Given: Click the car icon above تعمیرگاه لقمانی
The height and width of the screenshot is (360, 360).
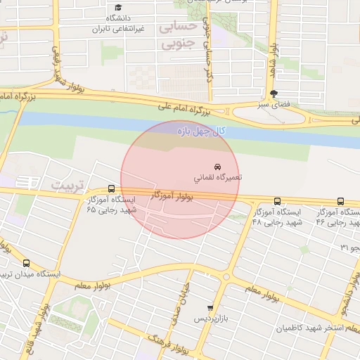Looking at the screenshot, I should pos(226,167).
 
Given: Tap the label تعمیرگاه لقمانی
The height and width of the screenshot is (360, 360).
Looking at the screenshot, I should pos(219,177).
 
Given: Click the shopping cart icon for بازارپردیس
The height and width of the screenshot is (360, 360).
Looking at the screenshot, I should pos(210,308).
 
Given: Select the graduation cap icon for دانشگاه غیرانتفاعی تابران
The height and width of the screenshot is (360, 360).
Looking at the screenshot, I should pos(118,7).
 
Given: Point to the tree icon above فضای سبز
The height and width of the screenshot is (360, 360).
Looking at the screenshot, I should pos(274,94).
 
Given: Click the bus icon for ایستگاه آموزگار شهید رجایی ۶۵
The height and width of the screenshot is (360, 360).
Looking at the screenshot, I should pos(111,188).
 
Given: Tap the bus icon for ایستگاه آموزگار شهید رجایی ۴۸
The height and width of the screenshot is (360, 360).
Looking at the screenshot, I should pos(276,201).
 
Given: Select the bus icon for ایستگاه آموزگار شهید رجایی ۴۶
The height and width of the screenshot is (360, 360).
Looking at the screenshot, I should pos(341,201).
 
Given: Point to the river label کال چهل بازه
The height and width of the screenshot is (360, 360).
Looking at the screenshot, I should pos(200,131).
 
